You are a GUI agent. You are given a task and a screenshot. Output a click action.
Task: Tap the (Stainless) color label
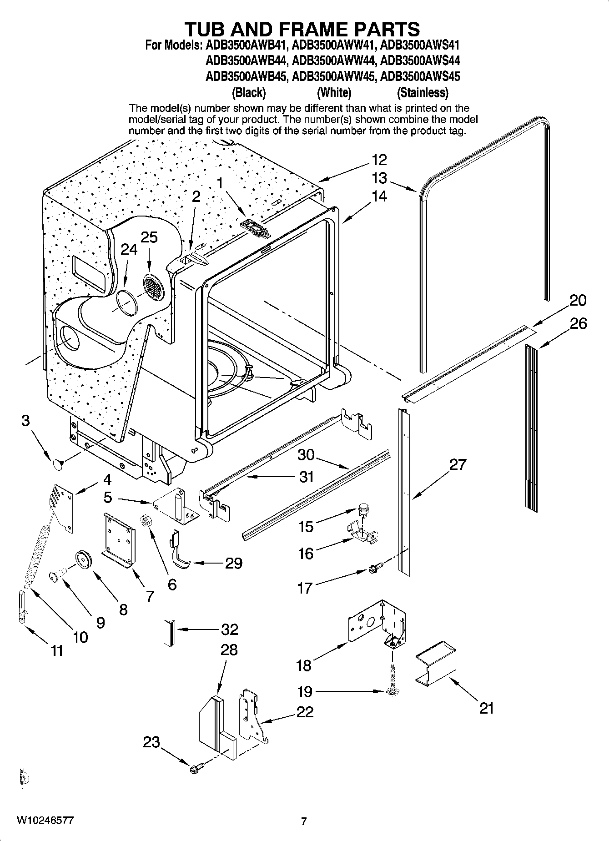pyautogui.click(x=423, y=93)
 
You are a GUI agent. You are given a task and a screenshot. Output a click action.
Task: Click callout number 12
pyautogui.click(x=379, y=160)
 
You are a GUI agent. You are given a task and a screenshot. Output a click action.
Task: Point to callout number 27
pyautogui.click(x=458, y=464)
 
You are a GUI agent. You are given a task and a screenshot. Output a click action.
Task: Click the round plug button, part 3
pyautogui.click(x=57, y=464)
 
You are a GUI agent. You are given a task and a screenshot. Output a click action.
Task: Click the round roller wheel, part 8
pyautogui.click(x=84, y=559)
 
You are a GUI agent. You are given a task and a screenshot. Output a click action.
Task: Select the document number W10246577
pyautogui.click(x=45, y=820)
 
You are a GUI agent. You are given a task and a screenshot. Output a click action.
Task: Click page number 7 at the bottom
pyautogui.click(x=304, y=821)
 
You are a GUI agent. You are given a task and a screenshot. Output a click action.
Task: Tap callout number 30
pyautogui.click(x=306, y=454)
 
